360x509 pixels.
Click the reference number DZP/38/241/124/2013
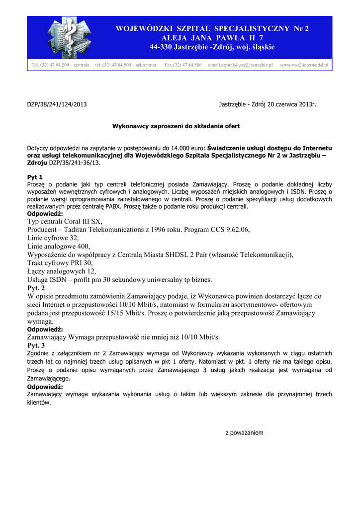(57, 104)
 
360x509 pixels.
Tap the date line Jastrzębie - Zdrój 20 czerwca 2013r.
(268, 104)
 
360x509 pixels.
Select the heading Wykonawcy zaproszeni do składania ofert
(176, 126)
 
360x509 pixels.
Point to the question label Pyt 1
(35, 177)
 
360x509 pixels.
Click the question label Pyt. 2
(36, 288)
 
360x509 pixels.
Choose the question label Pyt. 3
(36, 345)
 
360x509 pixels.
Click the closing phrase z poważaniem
(244, 433)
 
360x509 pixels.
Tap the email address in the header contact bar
(240, 65)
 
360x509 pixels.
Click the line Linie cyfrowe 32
(53, 238)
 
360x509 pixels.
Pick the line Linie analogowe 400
(59, 246)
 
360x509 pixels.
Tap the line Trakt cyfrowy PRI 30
(60, 263)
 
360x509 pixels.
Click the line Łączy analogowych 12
(62, 271)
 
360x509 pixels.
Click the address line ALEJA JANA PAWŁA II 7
(212, 38)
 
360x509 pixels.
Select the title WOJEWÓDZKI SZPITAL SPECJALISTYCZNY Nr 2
(212, 28)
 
